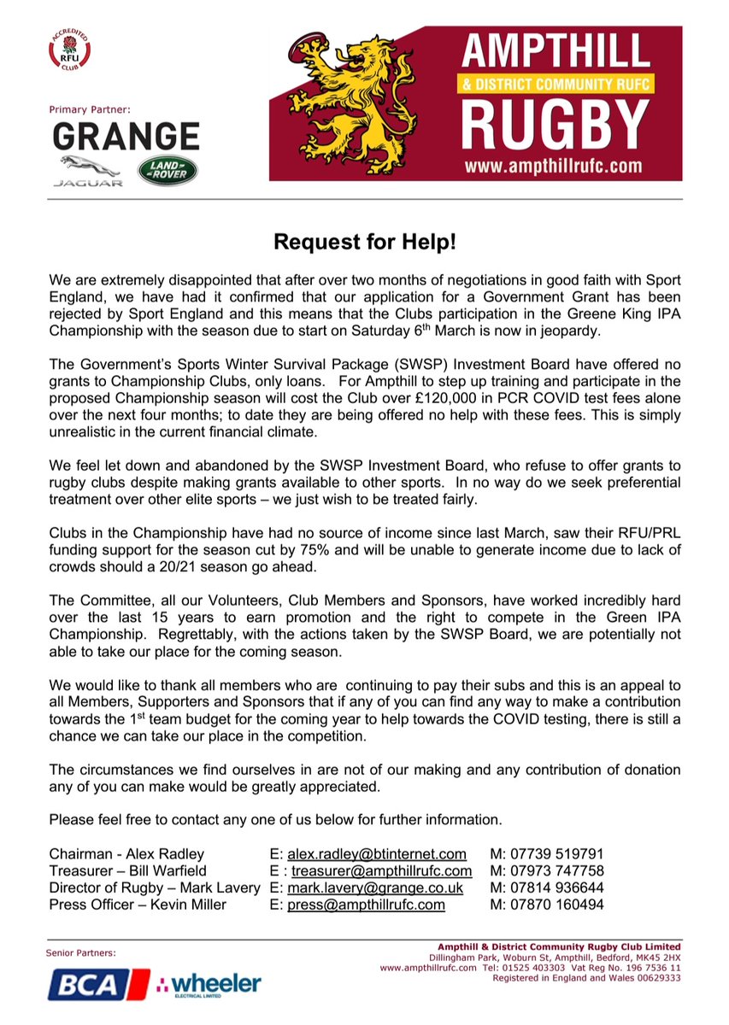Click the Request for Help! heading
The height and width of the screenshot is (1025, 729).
tap(365, 242)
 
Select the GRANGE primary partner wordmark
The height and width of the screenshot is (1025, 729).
tap(126, 138)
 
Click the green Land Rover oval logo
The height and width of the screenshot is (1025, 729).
tap(168, 170)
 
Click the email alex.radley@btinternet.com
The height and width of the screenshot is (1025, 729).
tap(377, 853)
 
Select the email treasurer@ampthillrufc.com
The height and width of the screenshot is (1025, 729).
tap(381, 870)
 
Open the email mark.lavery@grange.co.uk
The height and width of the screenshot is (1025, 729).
tap(375, 887)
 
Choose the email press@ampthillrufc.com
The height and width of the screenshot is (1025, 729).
tap(366, 905)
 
